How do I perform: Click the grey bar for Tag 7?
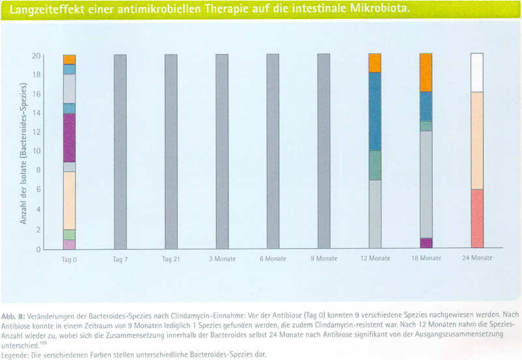click(120, 151)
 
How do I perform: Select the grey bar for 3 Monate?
click(222, 151)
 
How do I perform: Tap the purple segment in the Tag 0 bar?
click(70, 137)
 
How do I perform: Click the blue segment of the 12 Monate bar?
click(375, 111)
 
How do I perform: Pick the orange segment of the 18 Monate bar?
click(426, 72)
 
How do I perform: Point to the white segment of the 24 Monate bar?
click(476, 72)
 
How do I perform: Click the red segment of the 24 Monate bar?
click(476, 219)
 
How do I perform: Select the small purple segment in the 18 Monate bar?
click(426, 243)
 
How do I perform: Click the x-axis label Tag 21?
click(171, 258)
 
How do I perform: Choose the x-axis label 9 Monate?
click(323, 258)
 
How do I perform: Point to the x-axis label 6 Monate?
click(273, 258)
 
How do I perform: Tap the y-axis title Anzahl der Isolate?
click(23, 153)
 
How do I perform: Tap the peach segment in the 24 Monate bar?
click(476, 141)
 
